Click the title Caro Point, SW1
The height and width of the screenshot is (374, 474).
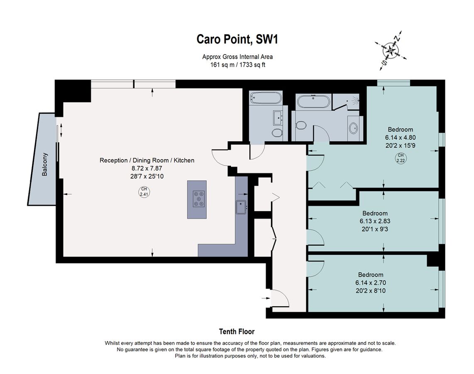coord(237,39)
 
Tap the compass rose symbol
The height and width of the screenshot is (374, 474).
coord(391,49)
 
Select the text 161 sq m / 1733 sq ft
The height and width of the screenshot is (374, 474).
coord(237,64)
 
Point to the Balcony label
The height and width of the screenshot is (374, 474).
coord(44,165)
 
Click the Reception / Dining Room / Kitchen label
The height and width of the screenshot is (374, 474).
coord(147,160)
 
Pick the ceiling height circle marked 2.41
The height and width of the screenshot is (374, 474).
coord(144,192)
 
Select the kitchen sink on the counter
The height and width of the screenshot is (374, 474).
coord(241,207)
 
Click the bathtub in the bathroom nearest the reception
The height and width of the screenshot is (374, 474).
coord(266,98)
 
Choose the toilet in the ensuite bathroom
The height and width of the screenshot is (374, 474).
coord(301,125)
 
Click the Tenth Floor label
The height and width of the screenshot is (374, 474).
coord(237,332)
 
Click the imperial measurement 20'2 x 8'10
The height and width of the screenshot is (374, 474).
coord(371,291)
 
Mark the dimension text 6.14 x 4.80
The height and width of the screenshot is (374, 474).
coord(400,138)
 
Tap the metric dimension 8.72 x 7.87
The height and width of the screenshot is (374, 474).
coord(147,168)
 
